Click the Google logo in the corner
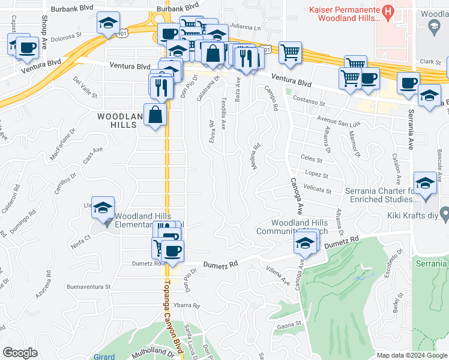point(20,353)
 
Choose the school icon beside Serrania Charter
point(425,183)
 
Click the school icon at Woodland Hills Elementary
point(103,207)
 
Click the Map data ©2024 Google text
point(411,355)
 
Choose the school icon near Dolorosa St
point(109,23)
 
